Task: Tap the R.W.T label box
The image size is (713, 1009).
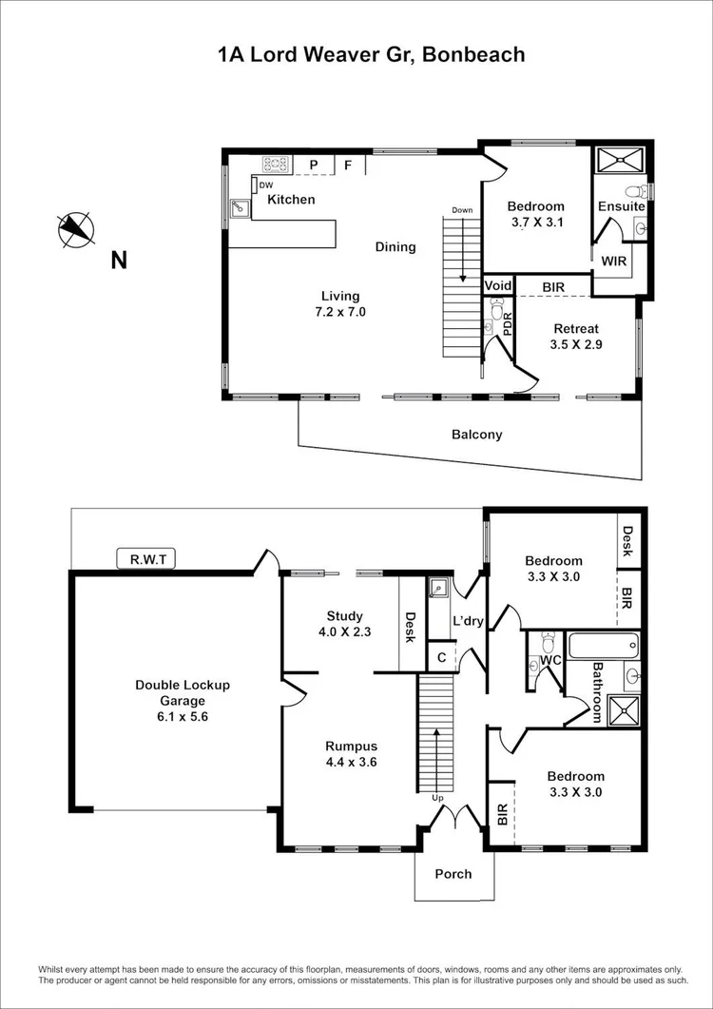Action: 146,559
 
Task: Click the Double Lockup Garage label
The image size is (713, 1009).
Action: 183,700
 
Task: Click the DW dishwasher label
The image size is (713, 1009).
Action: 266,184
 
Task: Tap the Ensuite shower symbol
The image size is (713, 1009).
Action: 621,159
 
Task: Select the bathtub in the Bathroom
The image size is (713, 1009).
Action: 603,646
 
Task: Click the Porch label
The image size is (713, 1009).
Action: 453,873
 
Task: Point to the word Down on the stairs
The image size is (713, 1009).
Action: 462,210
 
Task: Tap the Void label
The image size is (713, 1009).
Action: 498,285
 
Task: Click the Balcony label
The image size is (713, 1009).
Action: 476,435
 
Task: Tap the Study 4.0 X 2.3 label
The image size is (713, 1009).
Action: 344,625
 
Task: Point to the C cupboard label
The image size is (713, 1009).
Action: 442,656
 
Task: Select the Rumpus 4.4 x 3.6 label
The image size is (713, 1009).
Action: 346,753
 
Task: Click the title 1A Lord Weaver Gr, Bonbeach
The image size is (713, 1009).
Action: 371,54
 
